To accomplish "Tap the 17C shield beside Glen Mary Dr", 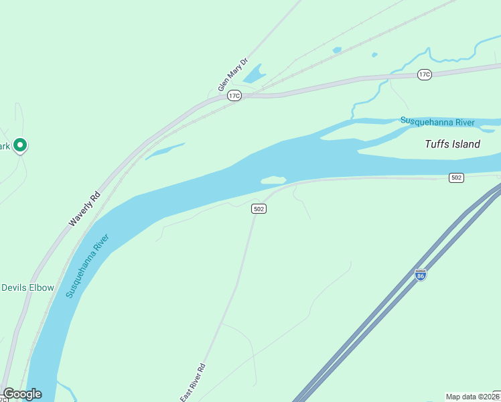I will (234, 96).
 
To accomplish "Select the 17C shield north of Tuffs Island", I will (424, 74).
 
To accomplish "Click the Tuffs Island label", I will (453, 144).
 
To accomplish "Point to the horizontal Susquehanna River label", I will (437, 121).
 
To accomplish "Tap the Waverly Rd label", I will (84, 209).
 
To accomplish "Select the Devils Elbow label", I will (27, 287).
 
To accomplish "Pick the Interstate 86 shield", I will (420, 275).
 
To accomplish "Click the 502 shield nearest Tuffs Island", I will (456, 178).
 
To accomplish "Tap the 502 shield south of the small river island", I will (259, 209).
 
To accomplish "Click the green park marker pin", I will (20, 145).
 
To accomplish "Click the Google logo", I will (22, 394).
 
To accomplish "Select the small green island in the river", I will (273, 180).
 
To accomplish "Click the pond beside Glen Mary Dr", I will (254, 74).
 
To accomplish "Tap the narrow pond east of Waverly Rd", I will (164, 151).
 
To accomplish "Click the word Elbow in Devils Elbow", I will (41, 287).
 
